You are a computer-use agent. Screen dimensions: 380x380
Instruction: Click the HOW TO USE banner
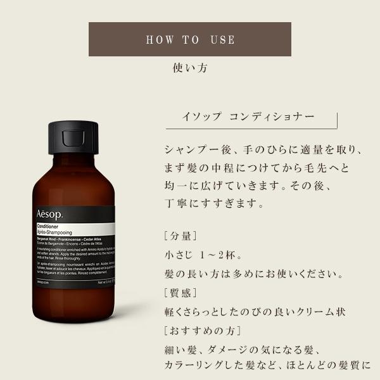(190, 40)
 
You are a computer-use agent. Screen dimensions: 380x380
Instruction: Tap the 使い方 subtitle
(190, 66)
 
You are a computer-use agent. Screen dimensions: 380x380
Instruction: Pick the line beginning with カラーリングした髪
(269, 367)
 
